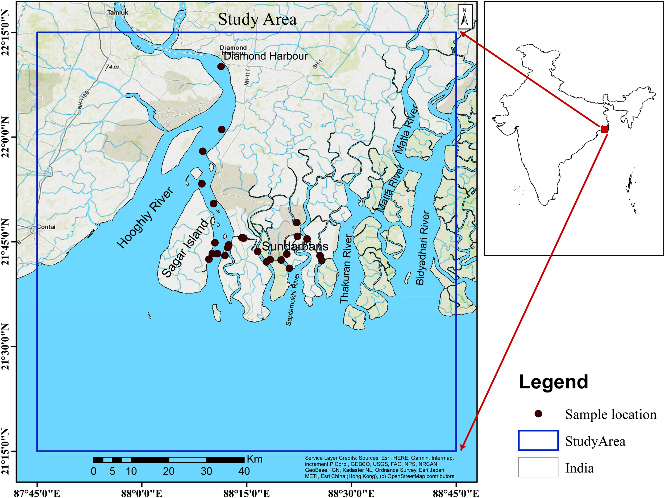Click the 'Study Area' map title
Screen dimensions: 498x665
[x=257, y=19]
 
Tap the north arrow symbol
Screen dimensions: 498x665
[x=465, y=17]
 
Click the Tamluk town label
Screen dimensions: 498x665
[x=118, y=13]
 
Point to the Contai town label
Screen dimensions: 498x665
[x=46, y=227]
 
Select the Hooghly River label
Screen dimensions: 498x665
[x=145, y=218]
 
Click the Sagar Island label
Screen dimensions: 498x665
[x=185, y=248]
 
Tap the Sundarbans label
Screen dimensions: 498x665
[x=295, y=247]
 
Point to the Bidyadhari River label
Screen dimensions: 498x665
[x=422, y=248]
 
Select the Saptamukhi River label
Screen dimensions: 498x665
[x=293, y=299]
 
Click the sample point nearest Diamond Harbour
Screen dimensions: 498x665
[x=221, y=67]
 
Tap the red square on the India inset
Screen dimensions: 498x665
[x=604, y=129]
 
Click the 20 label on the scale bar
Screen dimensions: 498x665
[x=169, y=471]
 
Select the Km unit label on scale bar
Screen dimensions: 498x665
[x=255, y=459]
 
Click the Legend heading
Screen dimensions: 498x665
[x=554, y=382]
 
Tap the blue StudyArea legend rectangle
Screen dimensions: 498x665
[x=538, y=441]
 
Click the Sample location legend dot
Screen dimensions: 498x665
[x=538, y=414]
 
